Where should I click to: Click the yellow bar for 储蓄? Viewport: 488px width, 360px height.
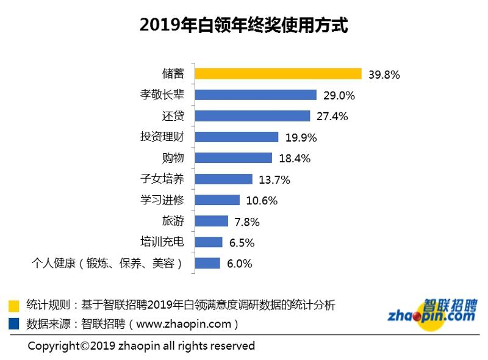click(278, 74)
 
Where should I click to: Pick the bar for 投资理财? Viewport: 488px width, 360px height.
click(236, 137)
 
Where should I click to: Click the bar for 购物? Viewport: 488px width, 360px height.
click(233, 158)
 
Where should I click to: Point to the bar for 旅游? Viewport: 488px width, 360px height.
click(211, 221)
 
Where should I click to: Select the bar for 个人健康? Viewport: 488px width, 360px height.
click(207, 263)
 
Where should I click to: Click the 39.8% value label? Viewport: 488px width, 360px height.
click(384, 74)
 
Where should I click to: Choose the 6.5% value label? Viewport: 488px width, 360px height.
click(242, 242)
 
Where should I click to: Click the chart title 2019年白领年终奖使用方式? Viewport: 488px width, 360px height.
click(243, 26)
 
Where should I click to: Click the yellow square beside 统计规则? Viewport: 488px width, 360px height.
click(14, 305)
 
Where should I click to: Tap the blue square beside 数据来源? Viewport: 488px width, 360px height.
click(14, 323)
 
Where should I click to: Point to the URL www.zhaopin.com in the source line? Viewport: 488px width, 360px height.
click(181, 323)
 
